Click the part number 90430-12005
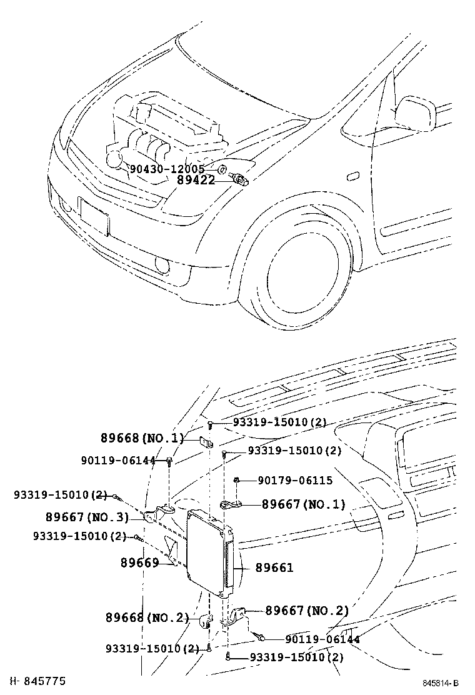coord(167,169)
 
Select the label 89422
coord(196,181)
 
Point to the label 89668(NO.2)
coord(147,617)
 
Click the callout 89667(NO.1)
coord(303,504)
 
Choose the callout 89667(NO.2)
coord(307,611)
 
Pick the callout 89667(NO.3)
coord(87,517)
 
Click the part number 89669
coord(139,562)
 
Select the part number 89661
coord(274,567)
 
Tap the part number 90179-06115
coord(295,481)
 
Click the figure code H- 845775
coord(37,681)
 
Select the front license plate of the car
coord(94,216)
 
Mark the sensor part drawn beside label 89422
coord(241,179)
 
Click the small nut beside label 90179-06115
coord(237,480)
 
